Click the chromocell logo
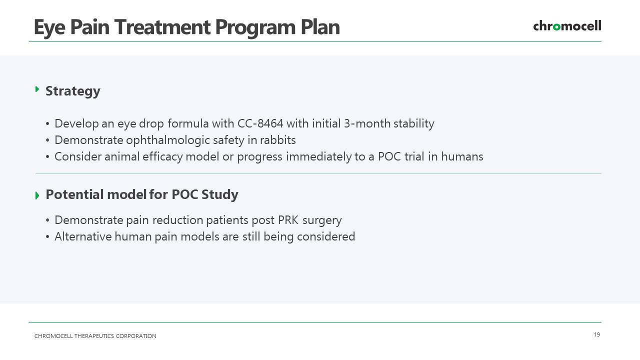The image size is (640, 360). click(567, 26)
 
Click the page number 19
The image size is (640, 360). click(597, 334)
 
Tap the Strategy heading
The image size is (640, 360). click(73, 91)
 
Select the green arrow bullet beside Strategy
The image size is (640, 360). click(37, 89)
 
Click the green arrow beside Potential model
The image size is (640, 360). click(37, 195)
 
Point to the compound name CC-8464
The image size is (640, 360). click(260, 123)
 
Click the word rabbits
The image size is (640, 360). click(277, 140)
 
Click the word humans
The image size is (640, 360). click(462, 156)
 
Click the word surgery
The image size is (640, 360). click(322, 221)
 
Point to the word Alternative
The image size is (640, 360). click(83, 236)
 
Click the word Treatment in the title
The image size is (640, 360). click(162, 27)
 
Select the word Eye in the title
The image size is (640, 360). click(49, 28)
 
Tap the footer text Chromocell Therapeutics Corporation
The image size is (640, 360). click(95, 336)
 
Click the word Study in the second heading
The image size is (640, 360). click(219, 195)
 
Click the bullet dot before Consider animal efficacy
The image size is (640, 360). click(47, 157)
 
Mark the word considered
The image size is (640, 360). click(326, 236)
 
